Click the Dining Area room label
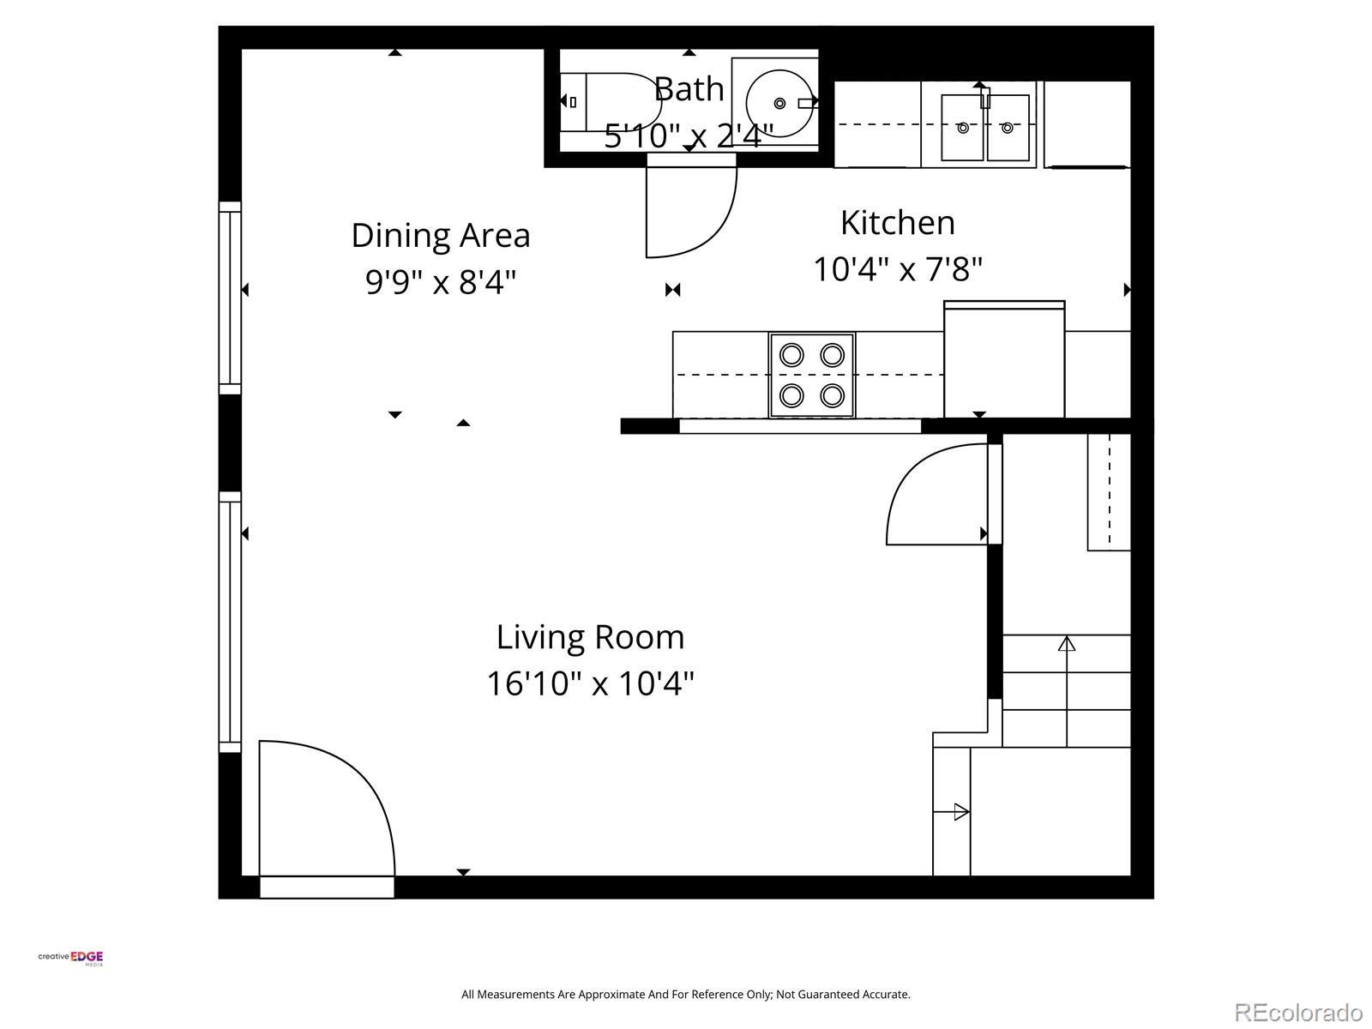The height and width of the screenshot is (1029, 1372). [x=441, y=236]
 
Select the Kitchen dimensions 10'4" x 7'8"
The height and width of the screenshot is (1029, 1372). [x=898, y=270]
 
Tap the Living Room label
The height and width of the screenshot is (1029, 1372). [x=590, y=637]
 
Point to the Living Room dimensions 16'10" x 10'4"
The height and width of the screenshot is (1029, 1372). [x=590, y=683]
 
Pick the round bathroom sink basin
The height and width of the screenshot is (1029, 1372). [x=780, y=103]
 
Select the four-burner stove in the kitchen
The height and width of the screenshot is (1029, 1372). [x=812, y=375]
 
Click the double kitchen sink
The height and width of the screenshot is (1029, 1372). [x=985, y=128]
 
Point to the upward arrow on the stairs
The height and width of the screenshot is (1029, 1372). [x=1067, y=691]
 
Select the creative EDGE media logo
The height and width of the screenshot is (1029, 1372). [x=70, y=958]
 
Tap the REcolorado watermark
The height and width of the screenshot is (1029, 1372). [x=1298, y=1012]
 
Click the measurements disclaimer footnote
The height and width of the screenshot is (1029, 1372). [x=686, y=994]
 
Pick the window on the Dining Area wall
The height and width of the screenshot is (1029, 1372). [x=230, y=298]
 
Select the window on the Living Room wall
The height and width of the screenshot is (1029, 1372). [x=230, y=622]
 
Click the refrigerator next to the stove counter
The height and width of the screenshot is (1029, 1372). [x=1004, y=359]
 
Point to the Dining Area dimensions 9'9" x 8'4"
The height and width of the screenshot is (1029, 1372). [x=441, y=282]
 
